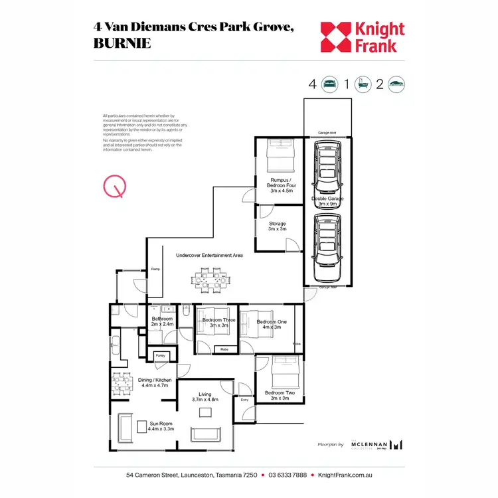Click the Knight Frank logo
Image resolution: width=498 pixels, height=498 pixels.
[363, 37]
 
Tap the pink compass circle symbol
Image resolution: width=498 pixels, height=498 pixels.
[114, 187]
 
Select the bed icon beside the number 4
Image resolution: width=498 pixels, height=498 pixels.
[330, 84]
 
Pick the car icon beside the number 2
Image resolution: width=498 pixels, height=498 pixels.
[397, 84]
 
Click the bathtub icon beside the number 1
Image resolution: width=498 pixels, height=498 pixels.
[363, 84]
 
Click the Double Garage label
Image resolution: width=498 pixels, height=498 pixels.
[327, 201]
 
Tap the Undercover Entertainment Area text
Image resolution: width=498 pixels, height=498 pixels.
[209, 255]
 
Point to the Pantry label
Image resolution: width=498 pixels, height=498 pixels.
[160, 356]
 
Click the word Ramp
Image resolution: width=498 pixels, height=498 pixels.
[156, 269]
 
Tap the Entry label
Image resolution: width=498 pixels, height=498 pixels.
[244, 400]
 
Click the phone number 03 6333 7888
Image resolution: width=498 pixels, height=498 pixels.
[288, 475]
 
